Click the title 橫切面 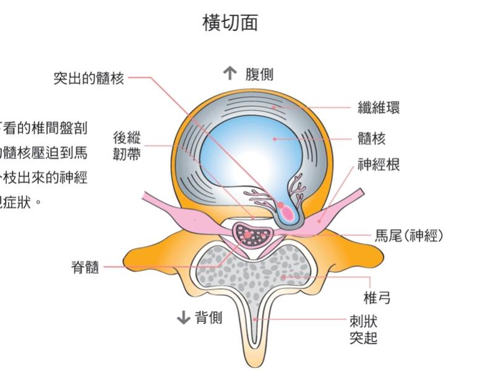[x=230, y=23]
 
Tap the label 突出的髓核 [x=88, y=79]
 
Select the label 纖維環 [x=379, y=107]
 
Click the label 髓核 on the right [x=371, y=139]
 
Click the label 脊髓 [x=85, y=268]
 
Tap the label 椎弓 [x=377, y=298]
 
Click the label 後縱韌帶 [x=126, y=145]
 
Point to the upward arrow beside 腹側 [x=230, y=74]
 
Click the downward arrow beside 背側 [x=183, y=318]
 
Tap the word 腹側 [x=259, y=75]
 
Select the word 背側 [x=209, y=318]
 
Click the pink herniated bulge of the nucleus [x=288, y=212]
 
